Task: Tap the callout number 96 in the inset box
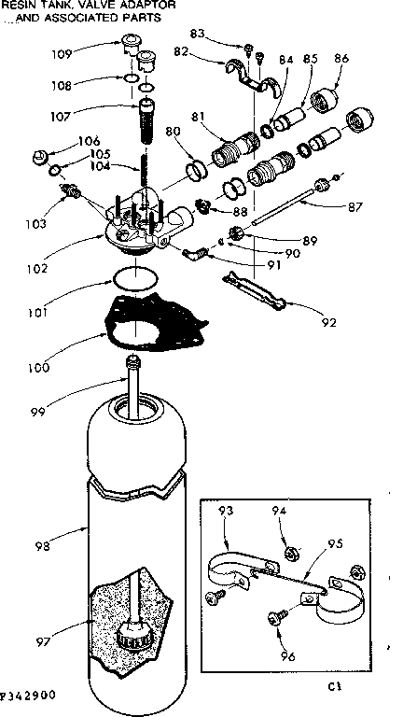287,656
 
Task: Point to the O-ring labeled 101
134,277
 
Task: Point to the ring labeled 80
198,171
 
